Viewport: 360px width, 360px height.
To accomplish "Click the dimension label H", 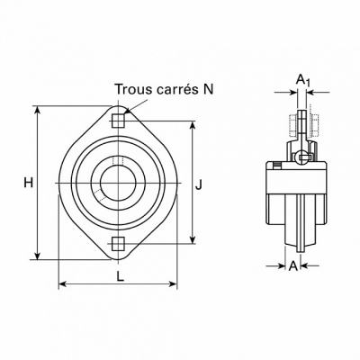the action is (29, 183).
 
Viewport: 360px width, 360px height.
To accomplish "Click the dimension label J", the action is (198, 184).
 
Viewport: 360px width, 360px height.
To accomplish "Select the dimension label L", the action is (121, 276).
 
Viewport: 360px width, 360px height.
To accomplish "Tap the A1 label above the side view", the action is (302, 80).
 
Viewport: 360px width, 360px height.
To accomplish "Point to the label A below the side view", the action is (293, 265).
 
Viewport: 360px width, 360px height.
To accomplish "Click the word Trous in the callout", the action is (134, 89).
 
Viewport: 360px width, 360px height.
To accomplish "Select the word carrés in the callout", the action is (175, 90).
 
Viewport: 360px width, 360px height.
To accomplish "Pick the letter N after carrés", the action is (207, 89).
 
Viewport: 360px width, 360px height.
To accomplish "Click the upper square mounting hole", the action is (118, 121).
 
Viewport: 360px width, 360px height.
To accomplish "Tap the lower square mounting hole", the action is (118, 243).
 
